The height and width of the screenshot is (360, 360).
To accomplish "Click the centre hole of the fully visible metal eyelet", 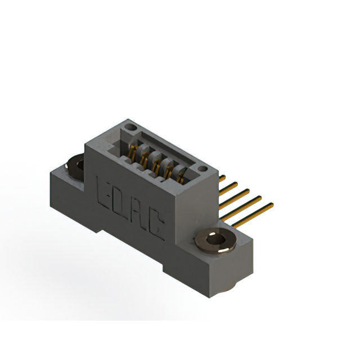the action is pos(216,240).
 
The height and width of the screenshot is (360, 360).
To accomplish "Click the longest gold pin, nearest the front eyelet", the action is pos(253,215).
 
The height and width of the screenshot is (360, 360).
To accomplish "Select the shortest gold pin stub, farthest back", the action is pos(222,178).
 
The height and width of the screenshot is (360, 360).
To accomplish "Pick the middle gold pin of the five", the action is pos(234,199).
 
